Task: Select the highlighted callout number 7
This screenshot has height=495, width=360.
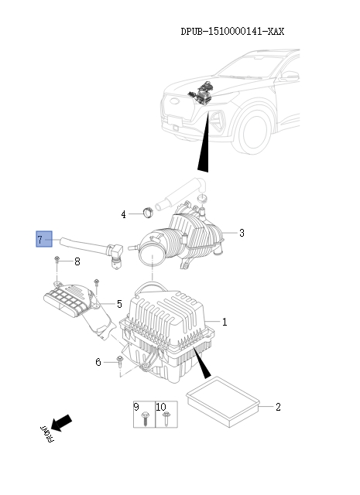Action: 43,239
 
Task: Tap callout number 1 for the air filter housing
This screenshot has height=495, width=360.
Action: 225,321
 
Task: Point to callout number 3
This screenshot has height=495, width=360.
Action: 242,233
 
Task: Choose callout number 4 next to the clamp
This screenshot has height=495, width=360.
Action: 123,213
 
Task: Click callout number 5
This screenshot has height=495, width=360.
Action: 118,304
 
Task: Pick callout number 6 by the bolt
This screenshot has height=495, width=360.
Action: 98,362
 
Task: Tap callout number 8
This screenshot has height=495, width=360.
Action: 77,261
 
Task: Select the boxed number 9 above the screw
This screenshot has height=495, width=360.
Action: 137,406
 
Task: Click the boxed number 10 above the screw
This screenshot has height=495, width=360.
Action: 161,406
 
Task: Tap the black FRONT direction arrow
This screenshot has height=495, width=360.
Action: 62,422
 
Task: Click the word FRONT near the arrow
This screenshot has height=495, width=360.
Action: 44,436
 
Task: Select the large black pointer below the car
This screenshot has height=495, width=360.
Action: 204,148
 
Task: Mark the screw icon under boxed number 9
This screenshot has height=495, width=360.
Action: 146,420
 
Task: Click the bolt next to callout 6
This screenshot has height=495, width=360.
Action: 119,363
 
